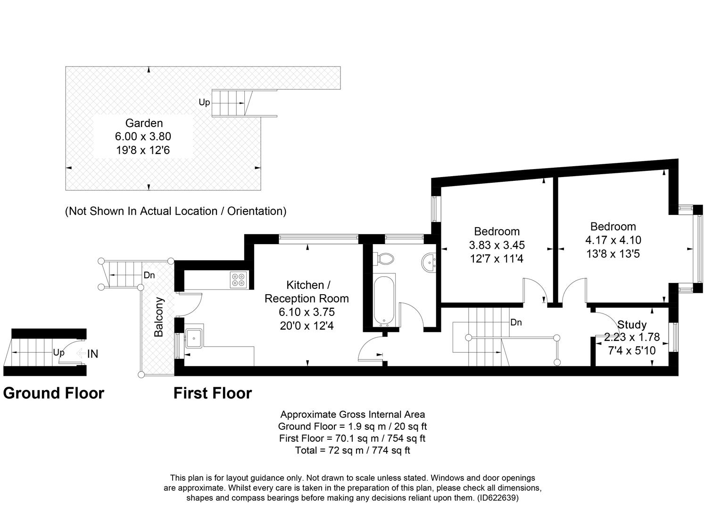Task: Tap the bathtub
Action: [384, 301]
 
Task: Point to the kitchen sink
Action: [194, 338]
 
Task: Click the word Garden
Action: [144, 123]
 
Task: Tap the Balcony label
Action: [159, 317]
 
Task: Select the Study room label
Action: [632, 324]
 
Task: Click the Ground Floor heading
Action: [54, 393]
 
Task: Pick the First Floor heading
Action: [213, 393]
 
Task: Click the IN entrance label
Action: [92, 354]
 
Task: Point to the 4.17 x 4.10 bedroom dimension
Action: [613, 240]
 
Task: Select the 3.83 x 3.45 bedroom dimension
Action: [497, 245]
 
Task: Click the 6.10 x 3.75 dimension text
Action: [307, 312]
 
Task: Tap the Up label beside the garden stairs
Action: [204, 102]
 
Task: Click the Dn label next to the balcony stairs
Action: [149, 275]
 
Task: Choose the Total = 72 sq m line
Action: [353, 450]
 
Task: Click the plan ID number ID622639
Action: [498, 498]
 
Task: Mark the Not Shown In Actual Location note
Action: [175, 211]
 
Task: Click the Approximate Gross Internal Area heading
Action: [353, 414]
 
